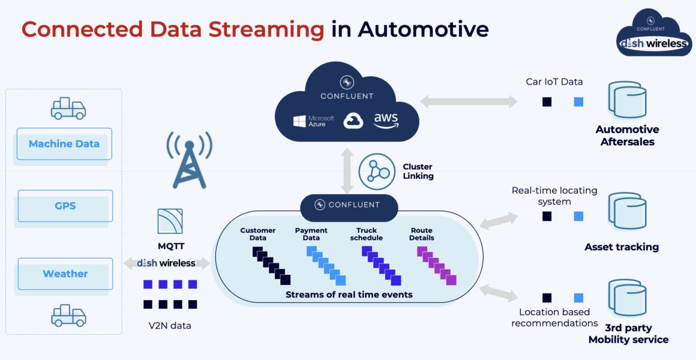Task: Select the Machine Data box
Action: coord(64,144)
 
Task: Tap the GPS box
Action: coord(65,206)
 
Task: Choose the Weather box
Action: coord(65,274)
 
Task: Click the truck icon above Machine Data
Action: coord(68,109)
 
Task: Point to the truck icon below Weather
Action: coord(68,315)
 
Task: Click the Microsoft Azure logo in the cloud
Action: coord(314,121)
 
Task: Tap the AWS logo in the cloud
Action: coord(386,121)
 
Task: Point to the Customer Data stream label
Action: coord(258,234)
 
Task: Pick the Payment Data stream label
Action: coord(311,234)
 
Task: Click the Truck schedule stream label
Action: coord(366,234)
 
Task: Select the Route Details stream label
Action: coord(422,234)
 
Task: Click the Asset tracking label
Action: coord(622,247)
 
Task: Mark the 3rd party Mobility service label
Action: coord(628,334)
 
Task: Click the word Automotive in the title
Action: coord(423,29)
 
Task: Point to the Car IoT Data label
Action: coord(554,82)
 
